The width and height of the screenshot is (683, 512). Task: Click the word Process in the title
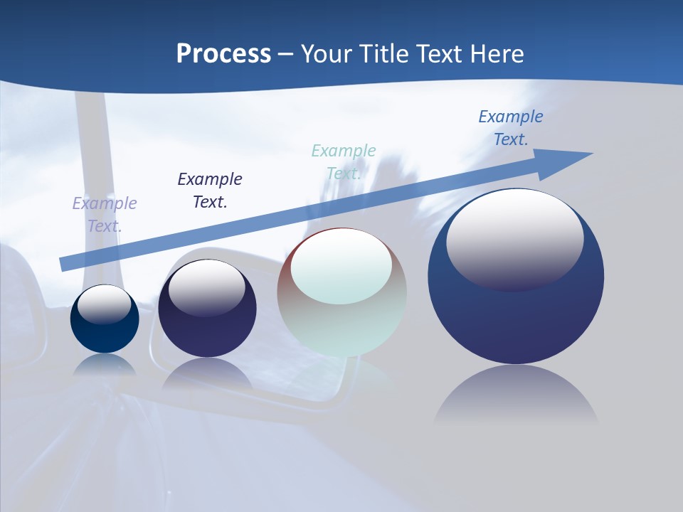pos(223,54)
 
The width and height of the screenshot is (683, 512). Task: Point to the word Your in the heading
pos(327,54)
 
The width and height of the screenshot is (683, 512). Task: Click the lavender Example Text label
pos(105,215)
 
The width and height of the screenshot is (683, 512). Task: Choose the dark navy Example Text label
pos(210,191)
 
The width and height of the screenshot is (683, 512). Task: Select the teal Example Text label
pos(344,162)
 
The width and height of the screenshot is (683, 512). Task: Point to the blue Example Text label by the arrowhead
pos(511,128)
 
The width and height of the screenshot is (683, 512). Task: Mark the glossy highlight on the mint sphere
pos(341,265)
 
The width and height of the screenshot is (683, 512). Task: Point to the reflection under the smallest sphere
pos(105,364)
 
